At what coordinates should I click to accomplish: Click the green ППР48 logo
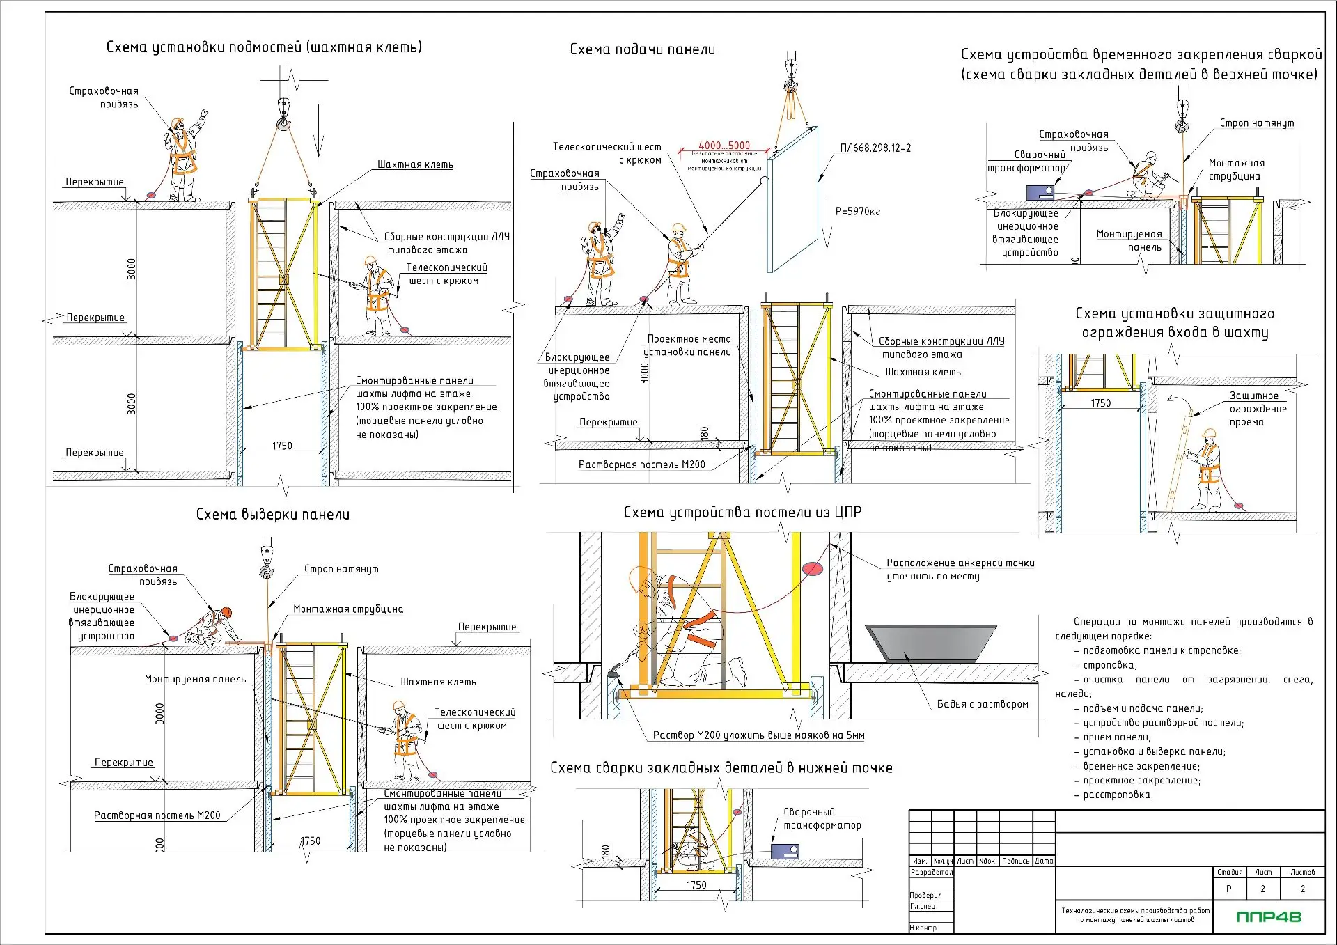tap(1268, 916)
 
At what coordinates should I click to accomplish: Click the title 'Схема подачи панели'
tap(642, 49)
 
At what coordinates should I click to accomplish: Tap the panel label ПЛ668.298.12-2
tap(875, 148)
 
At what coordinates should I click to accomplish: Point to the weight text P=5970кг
tap(858, 211)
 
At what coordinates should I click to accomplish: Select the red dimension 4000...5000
tap(724, 146)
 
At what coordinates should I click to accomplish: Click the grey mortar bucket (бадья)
tap(930, 641)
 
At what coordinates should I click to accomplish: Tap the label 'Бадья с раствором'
tap(982, 704)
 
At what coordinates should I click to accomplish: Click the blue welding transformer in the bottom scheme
tap(785, 851)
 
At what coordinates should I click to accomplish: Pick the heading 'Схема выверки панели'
tap(273, 515)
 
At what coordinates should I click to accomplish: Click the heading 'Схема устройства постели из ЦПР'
tap(742, 513)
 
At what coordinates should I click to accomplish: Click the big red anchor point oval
tap(813, 568)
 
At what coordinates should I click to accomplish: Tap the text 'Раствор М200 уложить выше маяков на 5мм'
tap(758, 735)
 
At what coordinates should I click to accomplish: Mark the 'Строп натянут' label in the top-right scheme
tap(1256, 123)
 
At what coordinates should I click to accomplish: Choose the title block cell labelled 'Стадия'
tap(1229, 872)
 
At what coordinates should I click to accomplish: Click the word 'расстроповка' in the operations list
tap(1118, 795)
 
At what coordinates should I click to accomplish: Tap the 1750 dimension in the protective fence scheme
tap(1100, 403)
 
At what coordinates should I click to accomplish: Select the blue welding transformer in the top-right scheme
tap(1040, 192)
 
